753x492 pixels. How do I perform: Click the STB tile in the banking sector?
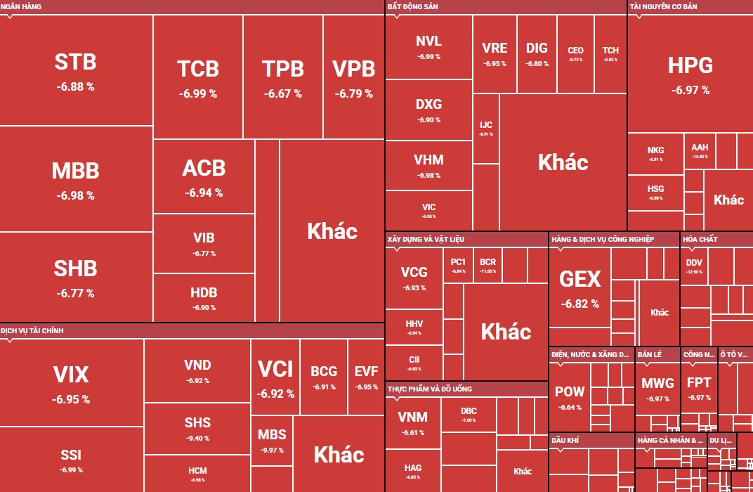pos(76,70)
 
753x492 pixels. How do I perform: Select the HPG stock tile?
pos(690,74)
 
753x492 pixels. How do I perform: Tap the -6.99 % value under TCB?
pos(197,93)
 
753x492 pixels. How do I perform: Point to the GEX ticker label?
pos(580,280)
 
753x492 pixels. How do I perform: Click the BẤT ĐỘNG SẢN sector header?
pos(412,6)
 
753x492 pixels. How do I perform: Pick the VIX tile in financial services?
pos(71,383)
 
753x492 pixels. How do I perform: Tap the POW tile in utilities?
pos(569,397)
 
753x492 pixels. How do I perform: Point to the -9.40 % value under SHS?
pos(197,439)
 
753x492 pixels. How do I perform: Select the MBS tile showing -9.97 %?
pos(272,440)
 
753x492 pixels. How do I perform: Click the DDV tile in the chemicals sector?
pos(694,266)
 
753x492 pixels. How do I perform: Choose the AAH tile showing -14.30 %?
pos(700,150)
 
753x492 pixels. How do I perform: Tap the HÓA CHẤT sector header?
pos(700,240)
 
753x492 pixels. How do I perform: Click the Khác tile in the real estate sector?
pos(563,162)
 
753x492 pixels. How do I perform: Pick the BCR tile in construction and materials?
pos(487,265)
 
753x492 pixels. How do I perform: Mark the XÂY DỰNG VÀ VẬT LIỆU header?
pos(425,240)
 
